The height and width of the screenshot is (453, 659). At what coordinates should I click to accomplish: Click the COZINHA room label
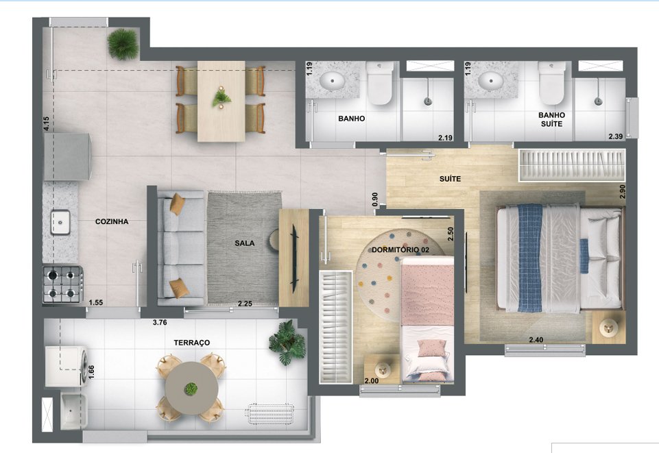tap(112, 222)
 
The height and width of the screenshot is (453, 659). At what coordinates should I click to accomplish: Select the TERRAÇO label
tap(192, 342)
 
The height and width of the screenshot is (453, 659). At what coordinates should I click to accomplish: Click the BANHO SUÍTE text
tap(551, 119)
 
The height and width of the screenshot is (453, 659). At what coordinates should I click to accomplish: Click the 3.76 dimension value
tap(160, 321)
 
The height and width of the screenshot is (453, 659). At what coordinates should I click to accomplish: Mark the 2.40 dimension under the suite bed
tap(536, 339)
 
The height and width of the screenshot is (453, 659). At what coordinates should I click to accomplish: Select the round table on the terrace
tap(191, 388)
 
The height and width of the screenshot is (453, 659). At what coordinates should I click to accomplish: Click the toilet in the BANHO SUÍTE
tap(551, 82)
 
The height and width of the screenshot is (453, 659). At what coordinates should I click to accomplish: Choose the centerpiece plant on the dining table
tap(221, 97)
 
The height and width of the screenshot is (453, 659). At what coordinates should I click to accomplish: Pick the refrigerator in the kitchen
tap(67, 156)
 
